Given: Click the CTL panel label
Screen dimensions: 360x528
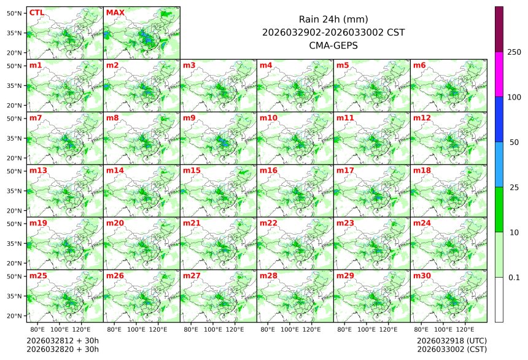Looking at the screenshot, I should click(x=36, y=12).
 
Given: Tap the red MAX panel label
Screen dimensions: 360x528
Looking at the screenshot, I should click(x=115, y=12).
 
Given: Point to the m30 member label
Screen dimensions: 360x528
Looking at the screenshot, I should click(x=421, y=276).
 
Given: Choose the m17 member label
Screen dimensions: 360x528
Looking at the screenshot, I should click(x=345, y=170).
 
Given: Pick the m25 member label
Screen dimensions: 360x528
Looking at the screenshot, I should click(x=38, y=276).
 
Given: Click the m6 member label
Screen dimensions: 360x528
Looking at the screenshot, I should click(x=419, y=65).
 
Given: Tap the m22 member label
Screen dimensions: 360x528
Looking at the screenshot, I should click(x=268, y=223).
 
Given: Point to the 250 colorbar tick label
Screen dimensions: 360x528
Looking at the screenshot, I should click(x=514, y=52).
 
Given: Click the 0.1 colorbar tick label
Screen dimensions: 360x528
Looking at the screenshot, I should click(x=514, y=278).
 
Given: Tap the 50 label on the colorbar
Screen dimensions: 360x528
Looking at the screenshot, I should click(x=514, y=143).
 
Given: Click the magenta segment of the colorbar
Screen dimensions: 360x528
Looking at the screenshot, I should click(x=499, y=74).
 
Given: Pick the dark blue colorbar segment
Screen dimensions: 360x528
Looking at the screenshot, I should click(x=499, y=119).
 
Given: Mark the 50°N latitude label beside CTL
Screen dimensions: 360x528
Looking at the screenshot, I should click(x=15, y=13).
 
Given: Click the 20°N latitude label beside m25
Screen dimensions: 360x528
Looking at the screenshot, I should click(x=15, y=316).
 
